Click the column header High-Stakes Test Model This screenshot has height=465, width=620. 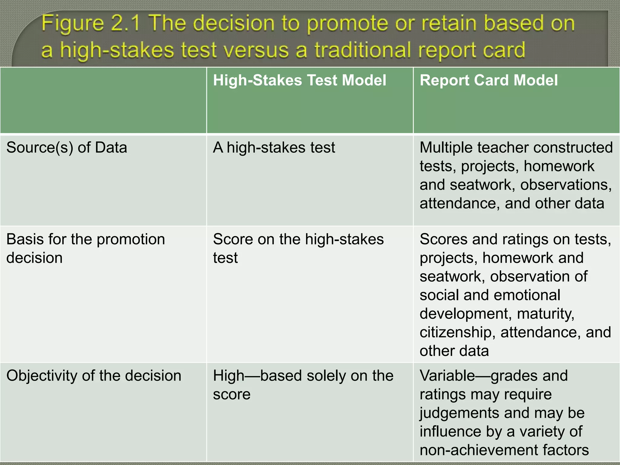coord(299,81)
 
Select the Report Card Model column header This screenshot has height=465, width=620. coord(488,81)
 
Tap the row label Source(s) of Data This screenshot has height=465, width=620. coord(67,148)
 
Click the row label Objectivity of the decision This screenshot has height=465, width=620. coord(94,376)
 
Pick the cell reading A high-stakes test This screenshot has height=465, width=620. coord(274,148)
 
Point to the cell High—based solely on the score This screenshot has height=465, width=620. coord(303,385)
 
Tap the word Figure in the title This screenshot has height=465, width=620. coord(73,24)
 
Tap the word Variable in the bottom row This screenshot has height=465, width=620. coord(447,376)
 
